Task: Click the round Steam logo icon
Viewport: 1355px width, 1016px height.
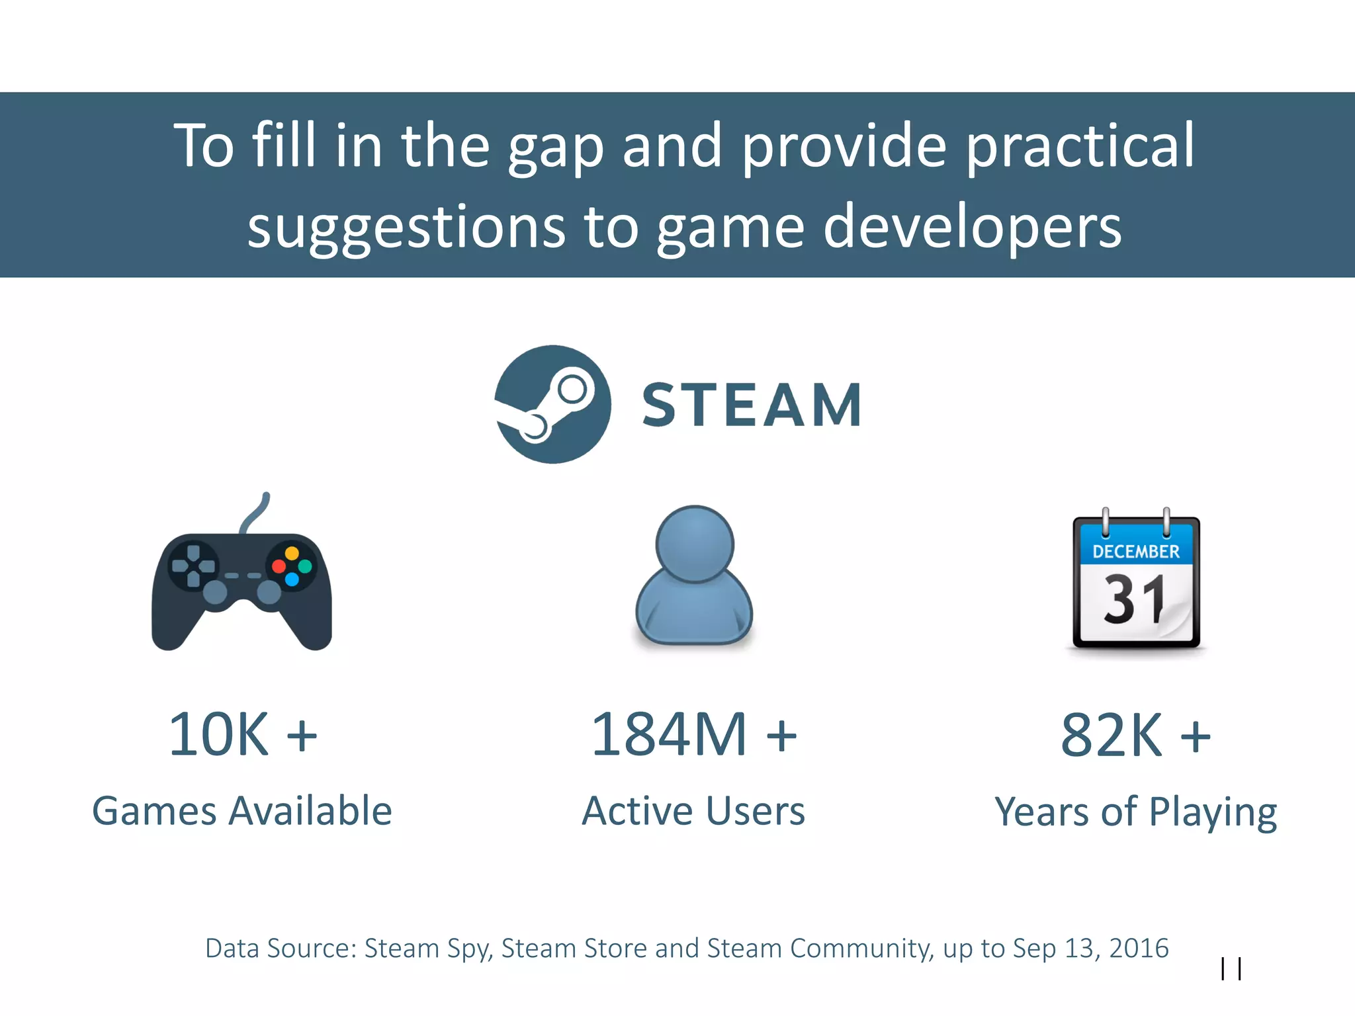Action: point(552,404)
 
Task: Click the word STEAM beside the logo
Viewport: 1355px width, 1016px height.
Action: point(752,405)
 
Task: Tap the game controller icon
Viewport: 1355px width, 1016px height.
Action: point(241,582)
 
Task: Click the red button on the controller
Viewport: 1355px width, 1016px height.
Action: point(279,567)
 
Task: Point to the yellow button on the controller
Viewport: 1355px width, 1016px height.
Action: point(292,553)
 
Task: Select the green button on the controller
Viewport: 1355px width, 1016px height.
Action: point(305,567)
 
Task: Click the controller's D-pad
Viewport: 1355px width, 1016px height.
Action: point(193,566)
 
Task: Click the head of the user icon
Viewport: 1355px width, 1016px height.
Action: point(695,544)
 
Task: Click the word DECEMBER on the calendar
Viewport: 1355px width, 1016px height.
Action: point(1136,552)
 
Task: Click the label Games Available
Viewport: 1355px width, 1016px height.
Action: point(242,811)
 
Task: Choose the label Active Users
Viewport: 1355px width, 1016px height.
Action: point(693,811)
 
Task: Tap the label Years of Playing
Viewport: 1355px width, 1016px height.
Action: point(1135,812)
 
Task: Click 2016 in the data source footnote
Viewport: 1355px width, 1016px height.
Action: point(1139,949)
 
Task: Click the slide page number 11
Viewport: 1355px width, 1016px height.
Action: point(1231,969)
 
